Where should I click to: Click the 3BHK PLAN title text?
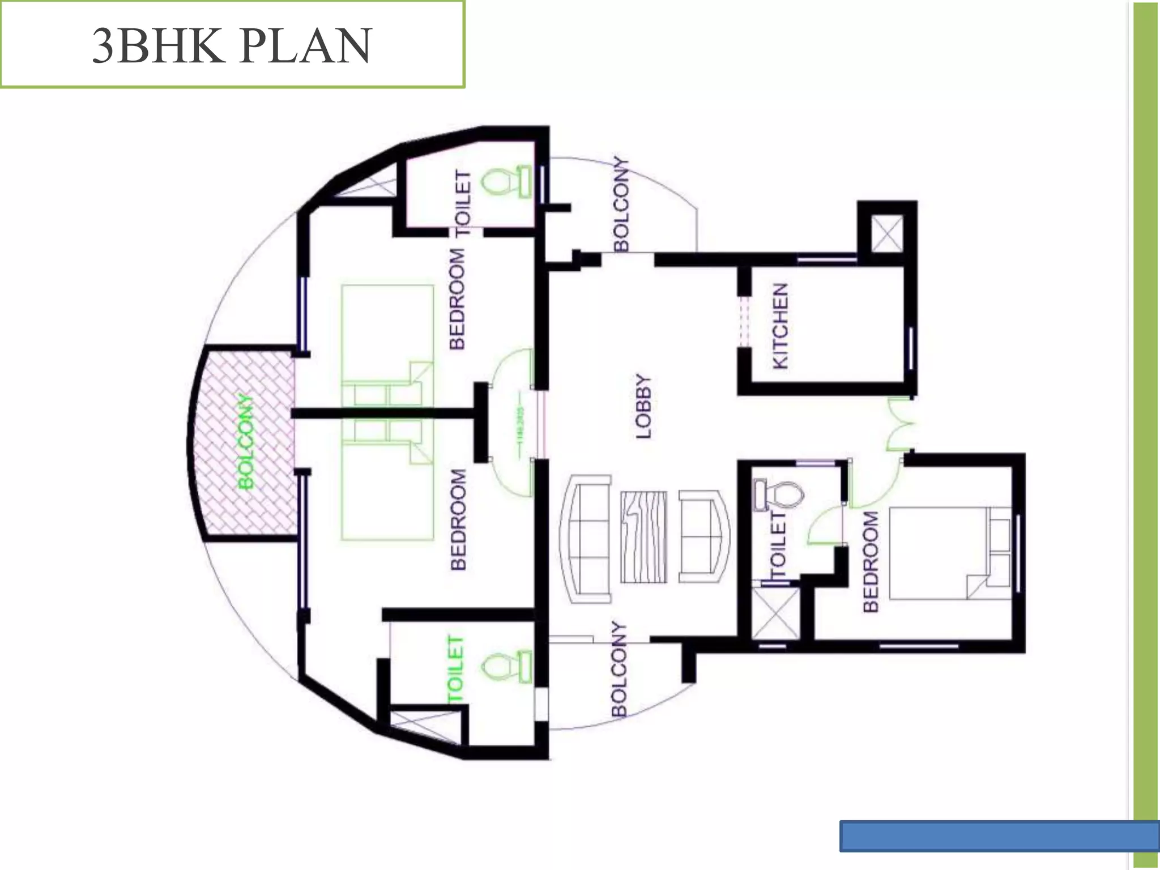pos(232,45)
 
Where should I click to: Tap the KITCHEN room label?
pos(781,326)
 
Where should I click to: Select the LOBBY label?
pos(644,406)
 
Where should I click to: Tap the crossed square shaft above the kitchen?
pos(886,233)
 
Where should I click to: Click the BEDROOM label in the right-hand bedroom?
pos(871,561)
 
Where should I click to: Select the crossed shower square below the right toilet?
pos(775,614)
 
